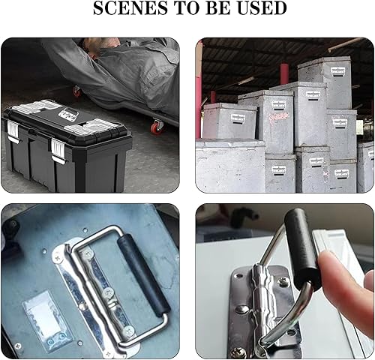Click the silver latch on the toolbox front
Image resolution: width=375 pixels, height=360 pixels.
(58, 151)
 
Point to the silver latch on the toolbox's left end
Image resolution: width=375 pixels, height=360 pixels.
(13, 131)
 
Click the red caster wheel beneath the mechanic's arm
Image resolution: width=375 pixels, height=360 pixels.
(76, 91)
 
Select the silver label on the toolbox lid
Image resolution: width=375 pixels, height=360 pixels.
(68, 114)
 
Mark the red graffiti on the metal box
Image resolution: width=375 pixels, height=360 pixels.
(279, 116)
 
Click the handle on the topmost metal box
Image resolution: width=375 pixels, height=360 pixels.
(338, 71)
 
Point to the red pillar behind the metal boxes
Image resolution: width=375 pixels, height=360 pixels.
(284, 73)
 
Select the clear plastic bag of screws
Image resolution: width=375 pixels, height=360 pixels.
(47, 320)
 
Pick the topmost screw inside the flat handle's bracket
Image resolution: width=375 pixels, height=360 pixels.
(88, 254)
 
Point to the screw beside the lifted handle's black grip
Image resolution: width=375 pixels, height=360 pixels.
(283, 282)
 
